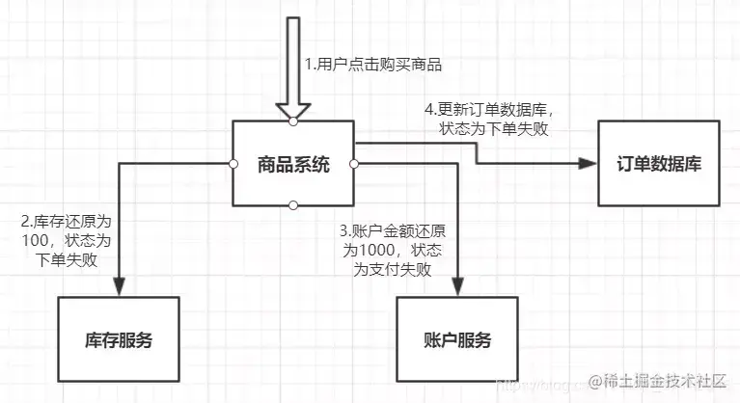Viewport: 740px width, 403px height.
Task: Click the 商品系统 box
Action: click(293, 164)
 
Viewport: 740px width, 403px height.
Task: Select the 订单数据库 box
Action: click(659, 163)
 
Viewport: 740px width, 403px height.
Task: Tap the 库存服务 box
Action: click(119, 339)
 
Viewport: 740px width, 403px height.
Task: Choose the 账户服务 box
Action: click(457, 339)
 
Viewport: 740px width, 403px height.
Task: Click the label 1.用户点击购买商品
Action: click(378, 65)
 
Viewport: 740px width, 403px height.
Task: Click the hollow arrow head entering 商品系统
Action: click(293, 109)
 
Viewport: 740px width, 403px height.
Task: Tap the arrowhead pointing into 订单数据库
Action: click(586, 163)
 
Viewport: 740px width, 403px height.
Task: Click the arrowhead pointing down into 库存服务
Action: click(119, 287)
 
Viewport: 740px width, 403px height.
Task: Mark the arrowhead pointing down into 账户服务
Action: click(457, 287)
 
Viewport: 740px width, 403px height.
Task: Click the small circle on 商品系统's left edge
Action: click(233, 164)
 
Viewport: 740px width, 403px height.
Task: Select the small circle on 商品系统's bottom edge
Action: click(293, 204)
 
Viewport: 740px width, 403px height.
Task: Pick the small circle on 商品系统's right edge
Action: click(354, 164)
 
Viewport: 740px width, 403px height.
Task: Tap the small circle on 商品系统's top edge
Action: click(293, 122)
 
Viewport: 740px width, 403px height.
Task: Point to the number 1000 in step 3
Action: click(374, 250)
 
